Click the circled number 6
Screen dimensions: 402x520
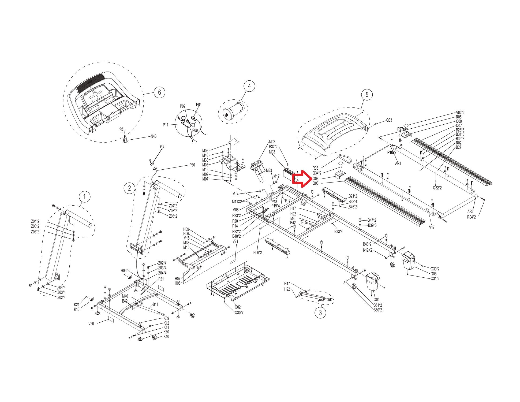click(159, 92)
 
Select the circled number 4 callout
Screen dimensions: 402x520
click(249, 86)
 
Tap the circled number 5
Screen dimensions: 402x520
click(367, 94)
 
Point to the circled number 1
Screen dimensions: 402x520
click(85, 197)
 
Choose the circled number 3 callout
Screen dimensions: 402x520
click(320, 312)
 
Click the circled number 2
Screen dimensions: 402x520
click(130, 188)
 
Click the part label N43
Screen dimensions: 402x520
click(154, 136)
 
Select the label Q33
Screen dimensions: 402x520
click(389, 120)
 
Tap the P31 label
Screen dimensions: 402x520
click(163, 147)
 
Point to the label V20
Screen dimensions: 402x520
click(91, 323)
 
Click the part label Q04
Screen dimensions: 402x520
click(376, 299)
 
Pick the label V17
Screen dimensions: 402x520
click(432, 227)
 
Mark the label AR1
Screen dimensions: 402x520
click(398, 163)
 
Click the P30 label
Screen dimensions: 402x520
click(192, 165)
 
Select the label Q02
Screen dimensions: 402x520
click(238, 307)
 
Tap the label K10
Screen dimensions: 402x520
click(166, 337)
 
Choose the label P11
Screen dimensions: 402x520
click(166, 125)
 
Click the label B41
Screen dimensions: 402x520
click(155, 304)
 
